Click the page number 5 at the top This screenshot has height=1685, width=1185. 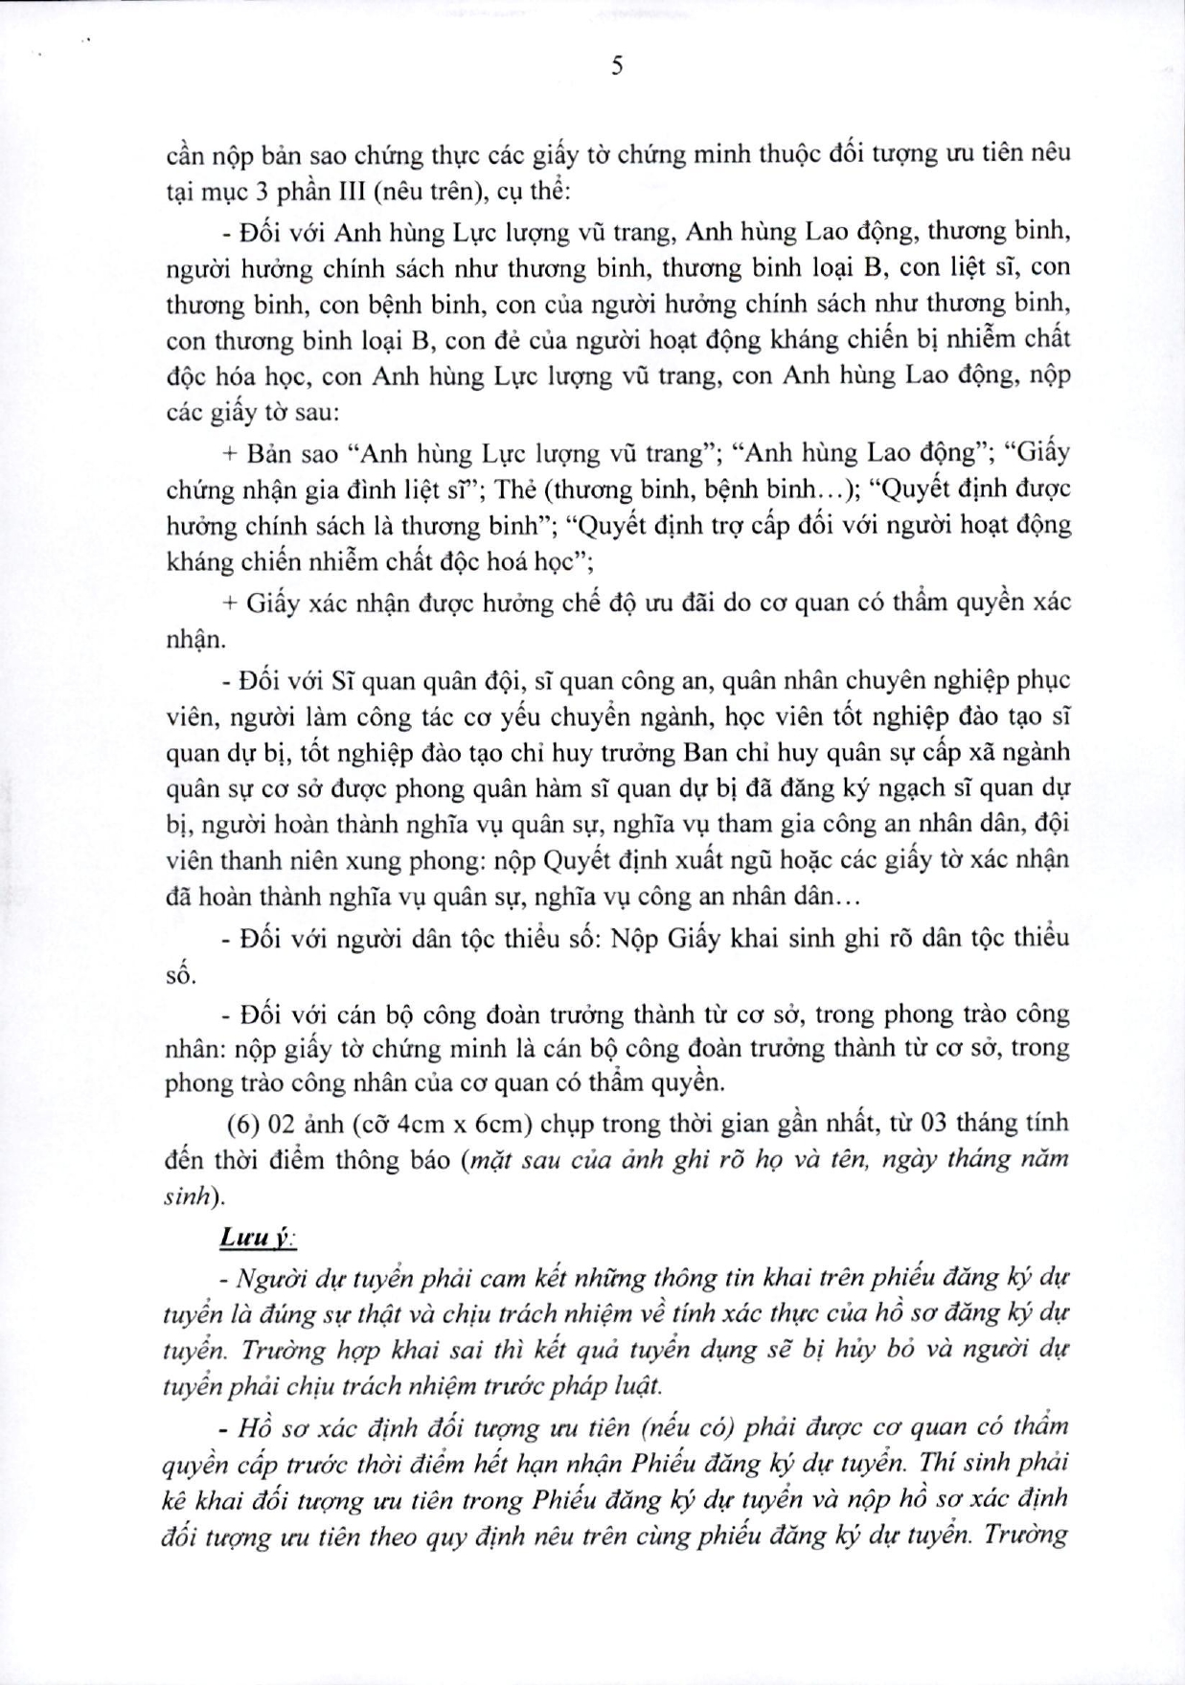coord(617,66)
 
